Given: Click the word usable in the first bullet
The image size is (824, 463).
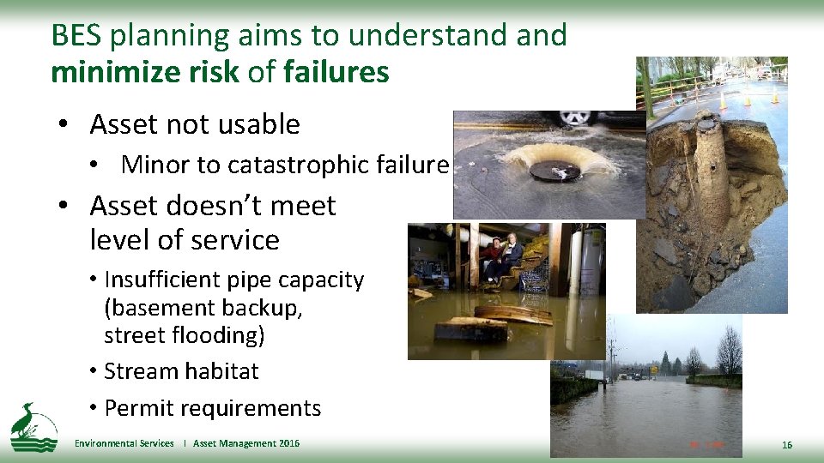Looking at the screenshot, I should [261, 124].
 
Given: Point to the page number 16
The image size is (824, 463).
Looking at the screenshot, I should [787, 445].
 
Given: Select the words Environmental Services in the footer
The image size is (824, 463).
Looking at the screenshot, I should [124, 443].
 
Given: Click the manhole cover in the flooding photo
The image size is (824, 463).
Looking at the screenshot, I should [554, 171].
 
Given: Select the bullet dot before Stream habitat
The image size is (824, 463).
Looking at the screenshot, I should [93, 372].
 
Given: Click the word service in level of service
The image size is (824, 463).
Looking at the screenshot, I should [241, 240].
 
